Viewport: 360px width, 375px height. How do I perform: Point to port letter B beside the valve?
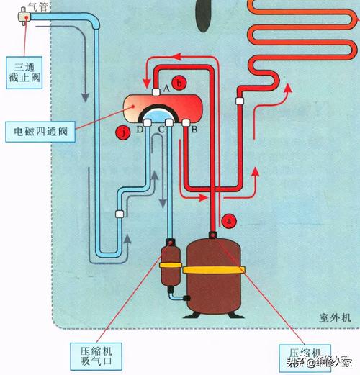pos(194,129)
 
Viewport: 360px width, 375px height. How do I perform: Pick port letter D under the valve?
pos(139,129)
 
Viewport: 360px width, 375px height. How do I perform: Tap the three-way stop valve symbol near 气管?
pos(24,16)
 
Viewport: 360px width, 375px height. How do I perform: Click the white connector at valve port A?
pos(156,91)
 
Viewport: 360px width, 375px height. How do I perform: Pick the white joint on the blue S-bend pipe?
pos(118,213)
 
